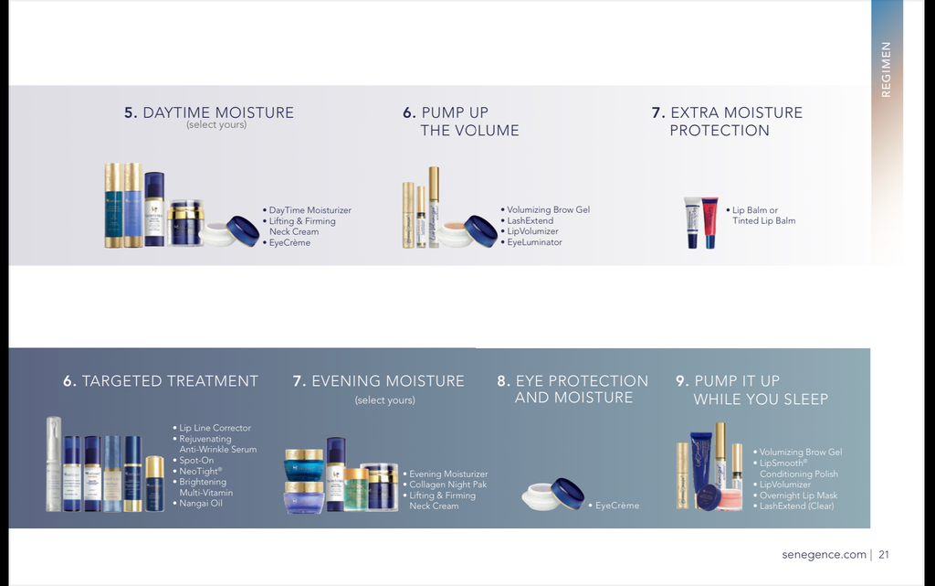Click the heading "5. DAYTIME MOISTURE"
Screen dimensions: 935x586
209,112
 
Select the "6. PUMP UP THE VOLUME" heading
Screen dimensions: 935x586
460,122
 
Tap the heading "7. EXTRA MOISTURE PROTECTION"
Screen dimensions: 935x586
727,122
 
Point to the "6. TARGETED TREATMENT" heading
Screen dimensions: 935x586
161,380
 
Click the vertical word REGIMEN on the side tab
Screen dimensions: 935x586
886,69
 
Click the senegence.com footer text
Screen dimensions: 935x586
825,554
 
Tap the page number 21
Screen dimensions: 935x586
884,554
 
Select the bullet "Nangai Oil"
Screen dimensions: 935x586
198,503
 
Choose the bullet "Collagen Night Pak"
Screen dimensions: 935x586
445,485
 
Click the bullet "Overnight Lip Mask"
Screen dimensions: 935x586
795,495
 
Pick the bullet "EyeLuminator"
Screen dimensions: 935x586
531,242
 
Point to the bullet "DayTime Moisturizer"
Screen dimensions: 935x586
307,210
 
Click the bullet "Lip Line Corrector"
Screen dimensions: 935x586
212,428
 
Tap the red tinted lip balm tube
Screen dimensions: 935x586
709,222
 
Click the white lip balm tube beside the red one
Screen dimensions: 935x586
692,222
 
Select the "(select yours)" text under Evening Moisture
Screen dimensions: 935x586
385,400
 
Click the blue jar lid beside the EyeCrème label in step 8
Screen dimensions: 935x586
567,494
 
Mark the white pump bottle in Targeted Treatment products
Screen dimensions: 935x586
54,464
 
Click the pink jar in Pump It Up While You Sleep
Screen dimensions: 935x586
730,500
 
